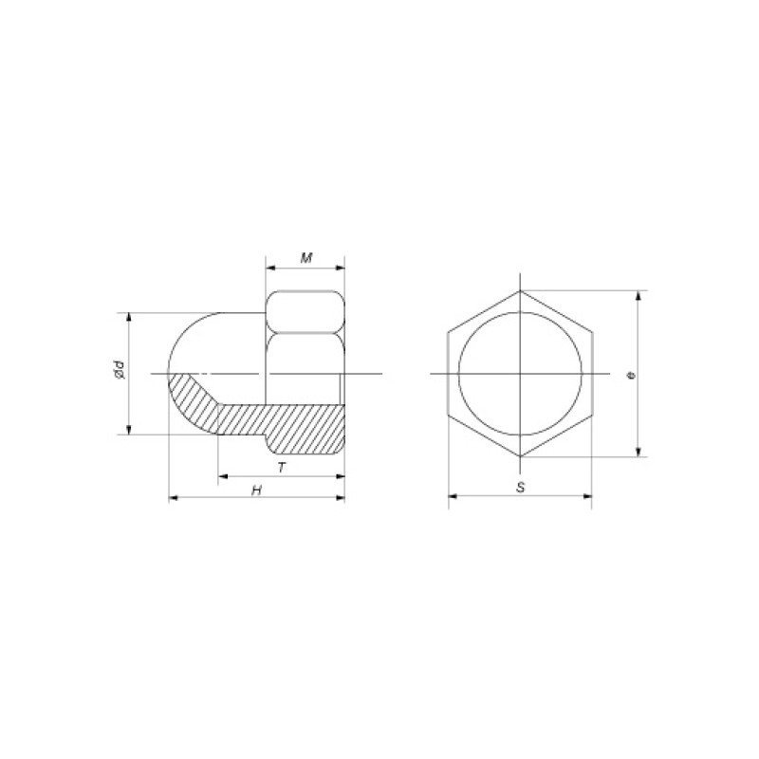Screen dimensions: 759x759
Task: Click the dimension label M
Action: (x=305, y=258)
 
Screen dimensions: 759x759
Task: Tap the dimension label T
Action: (x=282, y=468)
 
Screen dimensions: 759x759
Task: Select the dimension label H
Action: (x=256, y=491)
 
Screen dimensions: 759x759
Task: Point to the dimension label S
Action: (x=520, y=488)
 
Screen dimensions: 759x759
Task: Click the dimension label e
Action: (x=630, y=375)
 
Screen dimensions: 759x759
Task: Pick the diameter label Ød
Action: (x=120, y=369)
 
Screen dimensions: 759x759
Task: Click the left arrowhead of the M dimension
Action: (x=270, y=268)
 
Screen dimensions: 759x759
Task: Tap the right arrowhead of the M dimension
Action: (x=341, y=268)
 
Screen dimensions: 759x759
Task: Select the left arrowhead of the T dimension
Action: (x=223, y=477)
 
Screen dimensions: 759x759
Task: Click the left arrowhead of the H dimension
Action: (x=174, y=497)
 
